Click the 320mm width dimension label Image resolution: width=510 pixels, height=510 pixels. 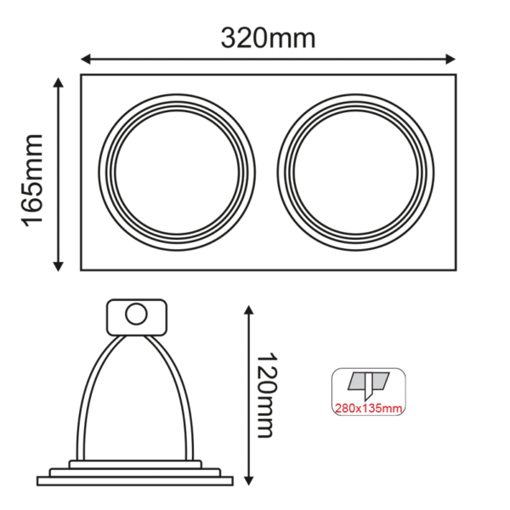click(x=268, y=38)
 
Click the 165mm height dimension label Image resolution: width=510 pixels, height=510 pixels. click(x=32, y=179)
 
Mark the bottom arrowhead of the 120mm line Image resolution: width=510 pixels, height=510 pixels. click(x=247, y=481)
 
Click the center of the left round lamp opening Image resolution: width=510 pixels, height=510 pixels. click(x=177, y=172)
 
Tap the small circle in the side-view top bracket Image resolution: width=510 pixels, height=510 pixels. click(x=134, y=315)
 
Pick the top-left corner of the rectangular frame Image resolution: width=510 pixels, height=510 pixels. click(x=82, y=76)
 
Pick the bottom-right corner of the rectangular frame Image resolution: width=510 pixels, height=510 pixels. click(x=456, y=269)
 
